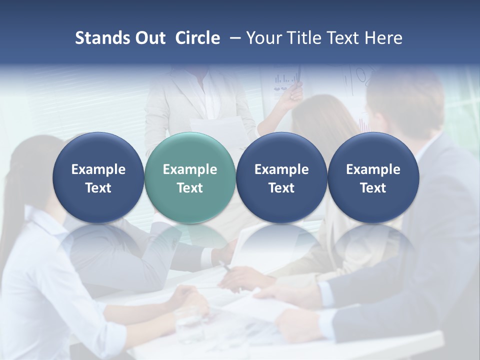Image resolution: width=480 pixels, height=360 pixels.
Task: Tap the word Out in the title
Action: (149, 38)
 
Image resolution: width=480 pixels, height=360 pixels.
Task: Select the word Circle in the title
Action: (197, 38)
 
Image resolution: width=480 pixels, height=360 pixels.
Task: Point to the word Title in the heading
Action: (303, 38)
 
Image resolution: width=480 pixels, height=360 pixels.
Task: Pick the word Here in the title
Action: (384, 38)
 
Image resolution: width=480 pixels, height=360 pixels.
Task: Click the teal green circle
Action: (190, 177)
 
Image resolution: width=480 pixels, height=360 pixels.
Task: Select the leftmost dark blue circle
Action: (98, 177)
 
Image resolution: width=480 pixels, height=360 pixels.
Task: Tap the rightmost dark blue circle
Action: (373, 177)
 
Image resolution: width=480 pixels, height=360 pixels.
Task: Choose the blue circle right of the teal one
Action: (281, 177)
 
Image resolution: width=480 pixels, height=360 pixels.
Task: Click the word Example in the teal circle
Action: (190, 169)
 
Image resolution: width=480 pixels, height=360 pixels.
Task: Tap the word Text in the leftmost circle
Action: (98, 188)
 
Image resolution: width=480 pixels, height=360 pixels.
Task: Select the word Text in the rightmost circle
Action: (373, 188)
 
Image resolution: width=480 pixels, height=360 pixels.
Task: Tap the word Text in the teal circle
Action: (190, 188)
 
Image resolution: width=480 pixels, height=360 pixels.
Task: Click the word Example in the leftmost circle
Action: (98, 169)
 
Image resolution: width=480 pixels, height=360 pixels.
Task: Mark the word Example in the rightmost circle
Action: (373, 169)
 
